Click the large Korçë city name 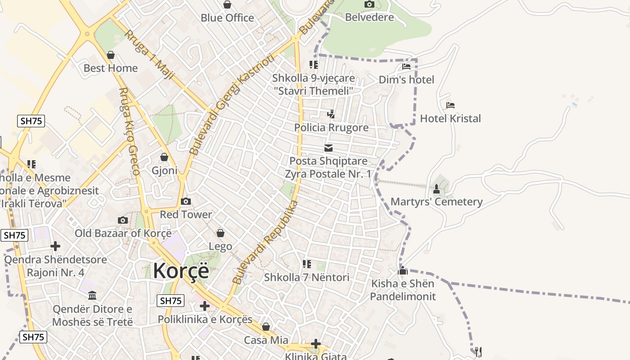[x=181, y=271]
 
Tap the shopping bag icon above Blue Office [x=227, y=5]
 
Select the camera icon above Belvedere [x=369, y=4]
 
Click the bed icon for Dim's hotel [x=406, y=67]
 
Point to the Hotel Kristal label [x=450, y=119]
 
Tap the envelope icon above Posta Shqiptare [x=328, y=148]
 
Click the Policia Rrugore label [x=331, y=128]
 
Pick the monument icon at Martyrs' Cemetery [x=436, y=188]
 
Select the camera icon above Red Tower [x=185, y=201]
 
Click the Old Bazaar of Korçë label [x=123, y=233]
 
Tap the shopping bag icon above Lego [x=220, y=233]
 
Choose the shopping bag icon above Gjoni [x=164, y=157]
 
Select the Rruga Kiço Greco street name [x=129, y=131]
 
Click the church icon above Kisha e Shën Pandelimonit [x=403, y=271]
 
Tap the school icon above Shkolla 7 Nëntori [x=307, y=264]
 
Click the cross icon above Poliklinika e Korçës [x=205, y=306]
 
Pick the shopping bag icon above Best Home [x=111, y=55]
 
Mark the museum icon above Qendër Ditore [x=93, y=296]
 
